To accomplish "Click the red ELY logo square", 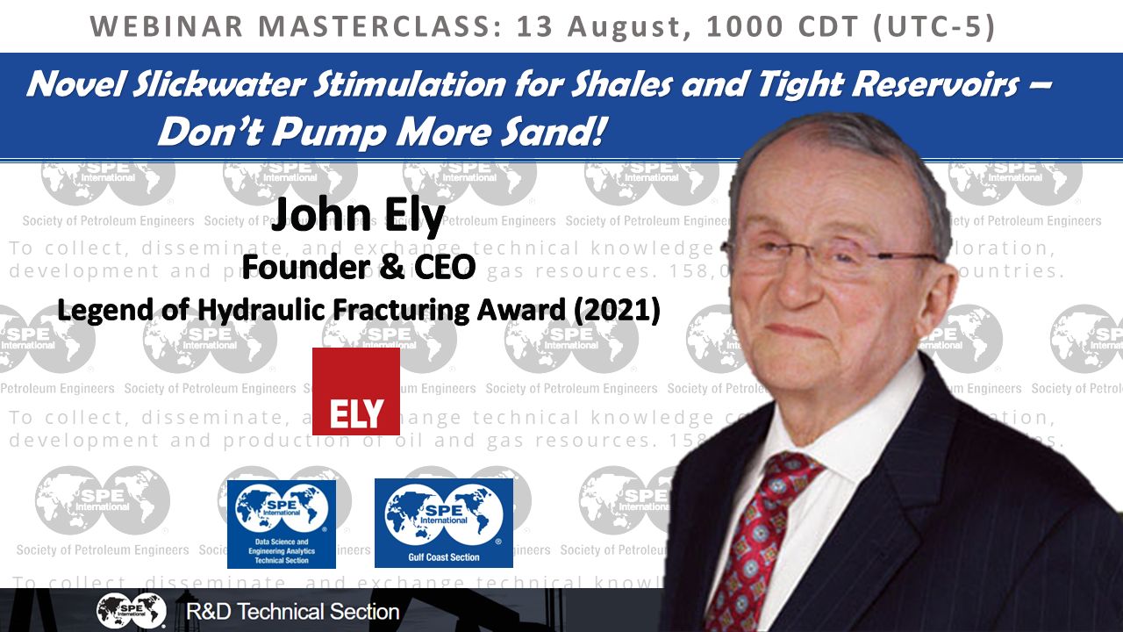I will click(x=356, y=391).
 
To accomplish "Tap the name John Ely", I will click(x=357, y=217).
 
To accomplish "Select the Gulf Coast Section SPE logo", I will click(x=444, y=522).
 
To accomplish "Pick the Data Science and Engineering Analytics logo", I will click(x=281, y=523).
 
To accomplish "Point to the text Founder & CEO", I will click(x=358, y=267).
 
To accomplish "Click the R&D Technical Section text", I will click(x=293, y=611).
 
